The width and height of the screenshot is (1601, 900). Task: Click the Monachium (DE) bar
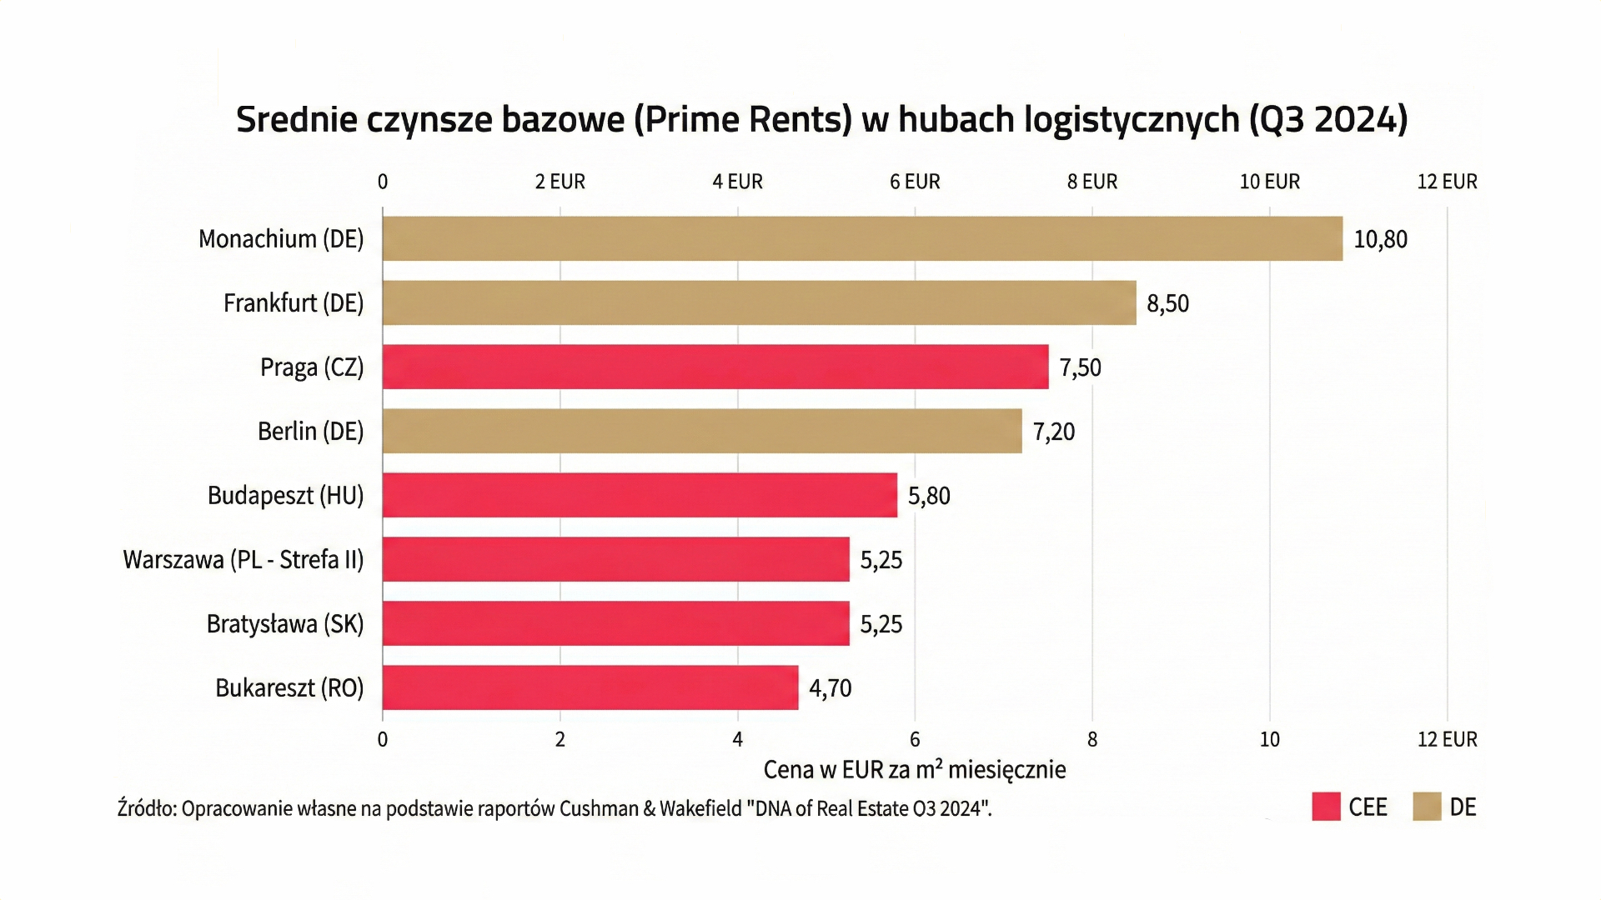862,239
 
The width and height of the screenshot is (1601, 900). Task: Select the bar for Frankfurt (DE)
759,302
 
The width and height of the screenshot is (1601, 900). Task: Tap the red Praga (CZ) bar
715,367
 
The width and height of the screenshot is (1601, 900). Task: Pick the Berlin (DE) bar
702,431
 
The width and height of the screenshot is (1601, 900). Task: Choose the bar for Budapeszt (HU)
640,495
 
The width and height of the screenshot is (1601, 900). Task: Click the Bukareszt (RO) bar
590,687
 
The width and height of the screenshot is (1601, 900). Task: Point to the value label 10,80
1380,239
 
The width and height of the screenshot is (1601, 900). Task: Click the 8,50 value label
1167,303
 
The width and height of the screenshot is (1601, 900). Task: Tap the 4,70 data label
830,688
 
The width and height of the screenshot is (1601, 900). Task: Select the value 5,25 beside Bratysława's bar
881,624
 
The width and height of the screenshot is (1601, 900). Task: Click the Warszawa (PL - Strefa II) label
243,559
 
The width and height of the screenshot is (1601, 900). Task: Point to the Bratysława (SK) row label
285,624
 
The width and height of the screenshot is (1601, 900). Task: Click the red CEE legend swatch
1325,807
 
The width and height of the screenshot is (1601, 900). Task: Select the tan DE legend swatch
1427,807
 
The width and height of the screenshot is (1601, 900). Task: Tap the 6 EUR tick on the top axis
915,182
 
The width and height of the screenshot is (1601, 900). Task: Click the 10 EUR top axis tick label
1269,182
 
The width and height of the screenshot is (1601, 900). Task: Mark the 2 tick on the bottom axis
560,739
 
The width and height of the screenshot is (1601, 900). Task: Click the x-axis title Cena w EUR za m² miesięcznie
915,769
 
